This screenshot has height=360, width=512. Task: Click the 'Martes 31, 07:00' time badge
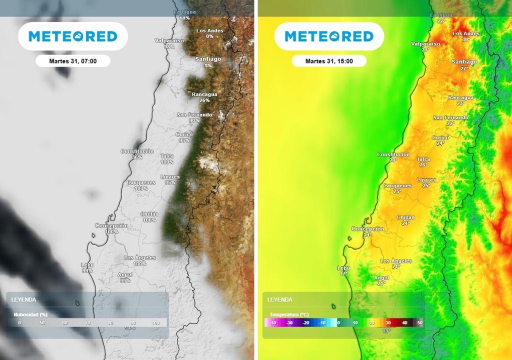point(73,61)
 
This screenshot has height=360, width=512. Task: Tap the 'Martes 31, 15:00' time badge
point(329,61)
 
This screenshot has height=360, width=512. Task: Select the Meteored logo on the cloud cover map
point(73,36)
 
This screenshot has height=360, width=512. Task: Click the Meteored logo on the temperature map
point(329,36)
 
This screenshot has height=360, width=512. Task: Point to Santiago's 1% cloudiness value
point(208,65)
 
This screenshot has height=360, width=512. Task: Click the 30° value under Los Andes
point(466,39)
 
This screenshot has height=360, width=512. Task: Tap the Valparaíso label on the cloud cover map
point(169,40)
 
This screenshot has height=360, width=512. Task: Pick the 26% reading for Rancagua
point(204,100)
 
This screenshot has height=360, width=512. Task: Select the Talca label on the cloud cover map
point(167,156)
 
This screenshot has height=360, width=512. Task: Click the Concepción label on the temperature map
point(367,229)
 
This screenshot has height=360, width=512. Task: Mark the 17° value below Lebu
point(343,274)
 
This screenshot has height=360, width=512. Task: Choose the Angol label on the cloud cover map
point(125,274)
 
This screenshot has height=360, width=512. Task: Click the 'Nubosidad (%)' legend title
point(30,314)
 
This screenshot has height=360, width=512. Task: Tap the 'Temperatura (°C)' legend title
point(289,314)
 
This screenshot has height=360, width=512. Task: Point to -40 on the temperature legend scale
point(273,323)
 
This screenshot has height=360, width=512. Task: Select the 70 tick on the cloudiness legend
point(87,323)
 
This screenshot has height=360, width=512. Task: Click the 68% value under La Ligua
point(184,18)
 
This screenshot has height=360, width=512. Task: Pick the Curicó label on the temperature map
point(440,137)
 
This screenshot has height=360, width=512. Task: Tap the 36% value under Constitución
point(137,157)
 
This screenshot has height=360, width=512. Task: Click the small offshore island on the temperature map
point(333,306)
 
